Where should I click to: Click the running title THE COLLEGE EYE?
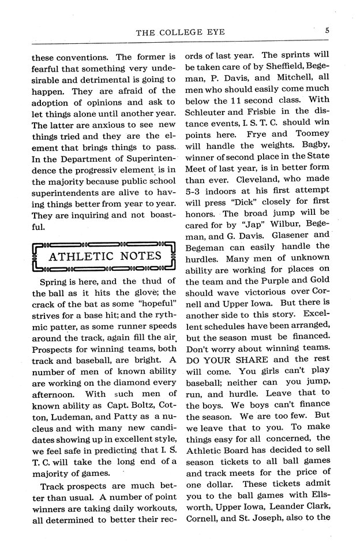click(x=180, y=33)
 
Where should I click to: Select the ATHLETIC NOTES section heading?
click(x=104, y=255)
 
